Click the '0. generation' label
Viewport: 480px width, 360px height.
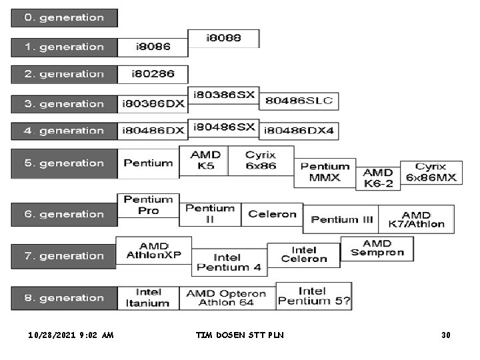[x=64, y=18]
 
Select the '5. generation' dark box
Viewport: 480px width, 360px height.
[x=64, y=163]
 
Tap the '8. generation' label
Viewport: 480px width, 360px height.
[x=64, y=298]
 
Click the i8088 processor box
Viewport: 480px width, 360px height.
[x=223, y=39]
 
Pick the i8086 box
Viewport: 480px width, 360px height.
[x=153, y=47]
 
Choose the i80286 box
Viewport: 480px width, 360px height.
[x=153, y=74]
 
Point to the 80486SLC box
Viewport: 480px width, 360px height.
[x=299, y=101]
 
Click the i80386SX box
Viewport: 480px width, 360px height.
[x=223, y=95]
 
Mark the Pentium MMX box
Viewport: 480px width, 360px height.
[x=325, y=172]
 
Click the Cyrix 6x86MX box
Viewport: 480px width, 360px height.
[x=431, y=172]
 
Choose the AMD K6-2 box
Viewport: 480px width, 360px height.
[x=377, y=177]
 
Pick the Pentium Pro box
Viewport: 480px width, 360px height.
[x=148, y=205]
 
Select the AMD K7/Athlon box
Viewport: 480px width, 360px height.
[x=416, y=219]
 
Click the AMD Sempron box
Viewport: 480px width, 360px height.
[x=377, y=248]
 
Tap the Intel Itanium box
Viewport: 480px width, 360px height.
[x=148, y=298]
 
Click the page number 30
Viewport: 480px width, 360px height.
[x=445, y=335]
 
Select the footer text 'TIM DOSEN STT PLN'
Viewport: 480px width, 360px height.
[x=239, y=335]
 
